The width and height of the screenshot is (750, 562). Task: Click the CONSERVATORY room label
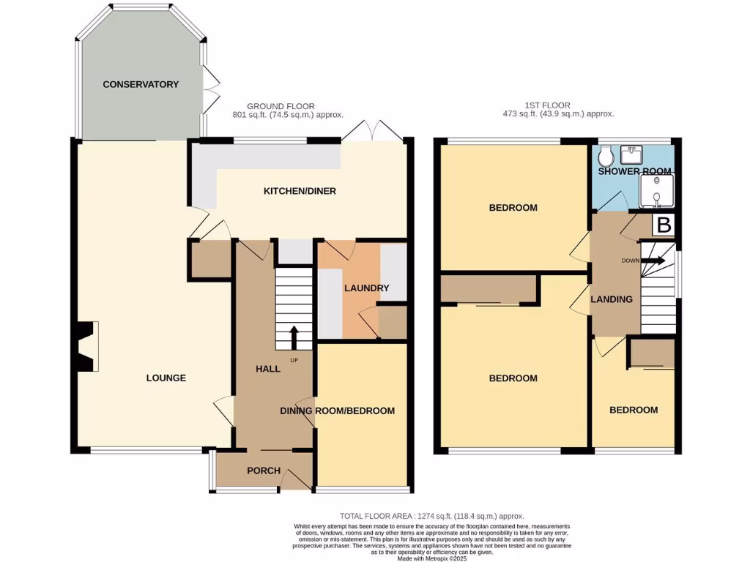[141, 85]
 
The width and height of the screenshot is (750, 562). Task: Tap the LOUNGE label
[166, 378]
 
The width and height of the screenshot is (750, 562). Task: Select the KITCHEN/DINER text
[300, 192]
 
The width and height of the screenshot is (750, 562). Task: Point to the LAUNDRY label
[367, 288]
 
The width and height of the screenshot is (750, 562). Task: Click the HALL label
[268, 370]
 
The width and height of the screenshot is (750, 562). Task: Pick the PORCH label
[263, 471]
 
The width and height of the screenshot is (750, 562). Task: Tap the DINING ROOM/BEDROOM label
[338, 411]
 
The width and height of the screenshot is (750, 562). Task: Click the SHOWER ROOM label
[634, 172]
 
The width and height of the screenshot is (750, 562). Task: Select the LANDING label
[612, 299]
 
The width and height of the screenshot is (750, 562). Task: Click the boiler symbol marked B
[664, 225]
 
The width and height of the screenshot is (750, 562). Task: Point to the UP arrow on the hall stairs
[294, 339]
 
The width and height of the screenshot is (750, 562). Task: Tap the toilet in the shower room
[606, 155]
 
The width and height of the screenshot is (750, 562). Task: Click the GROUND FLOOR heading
[276, 106]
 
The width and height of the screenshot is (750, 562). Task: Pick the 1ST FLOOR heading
[547, 106]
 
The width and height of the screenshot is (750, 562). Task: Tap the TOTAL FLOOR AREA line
[432, 517]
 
